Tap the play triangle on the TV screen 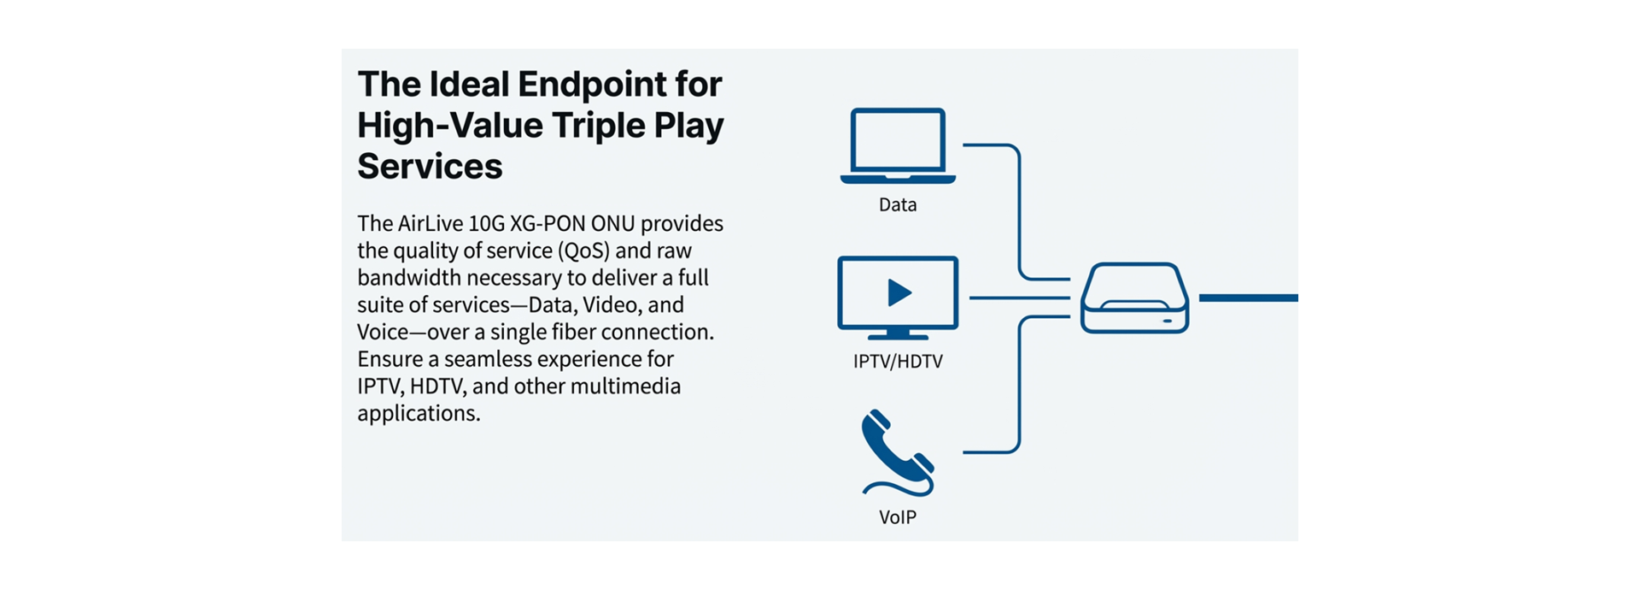click(x=899, y=292)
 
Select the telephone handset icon click(x=896, y=451)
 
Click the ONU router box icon click(x=1134, y=298)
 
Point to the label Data click(x=898, y=205)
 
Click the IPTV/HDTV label click(x=898, y=362)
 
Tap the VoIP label click(x=898, y=517)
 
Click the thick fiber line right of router click(x=1248, y=298)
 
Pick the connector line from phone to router click(x=1019, y=385)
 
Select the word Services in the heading click(x=430, y=167)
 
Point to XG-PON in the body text click(x=548, y=224)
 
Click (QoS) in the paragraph click(x=583, y=251)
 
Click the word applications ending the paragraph click(x=418, y=414)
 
